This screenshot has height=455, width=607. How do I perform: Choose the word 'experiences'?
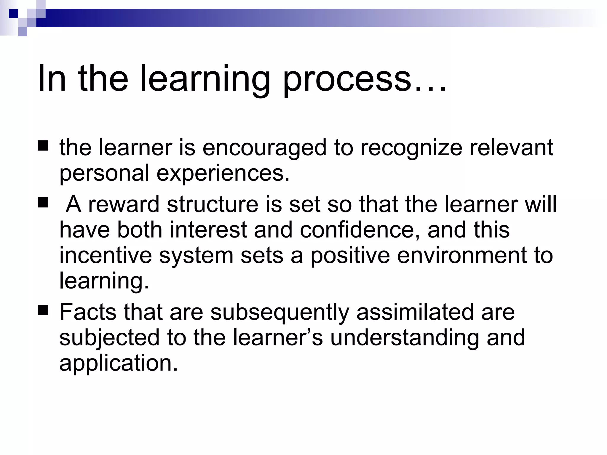click(x=223, y=173)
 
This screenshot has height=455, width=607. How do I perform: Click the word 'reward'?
click(x=124, y=204)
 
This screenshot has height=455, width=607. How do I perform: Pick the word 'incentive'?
click(x=106, y=255)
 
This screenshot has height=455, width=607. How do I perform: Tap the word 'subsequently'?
click(x=280, y=313)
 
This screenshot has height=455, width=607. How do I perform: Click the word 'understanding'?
click(x=404, y=338)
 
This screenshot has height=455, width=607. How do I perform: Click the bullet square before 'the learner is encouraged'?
click(x=43, y=146)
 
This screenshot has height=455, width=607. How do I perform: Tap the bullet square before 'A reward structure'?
click(x=43, y=203)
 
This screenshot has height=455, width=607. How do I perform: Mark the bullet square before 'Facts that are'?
click(x=43, y=311)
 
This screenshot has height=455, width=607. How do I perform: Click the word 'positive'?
click(x=350, y=255)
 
